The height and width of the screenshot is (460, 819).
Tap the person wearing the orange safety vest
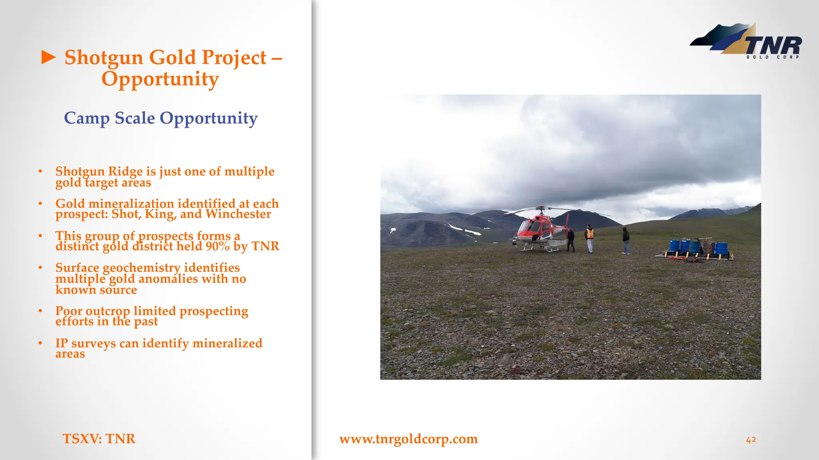pyautogui.click(x=589, y=238)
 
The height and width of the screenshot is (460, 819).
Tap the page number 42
pyautogui.click(x=751, y=440)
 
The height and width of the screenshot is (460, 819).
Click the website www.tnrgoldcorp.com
pyautogui.click(x=408, y=439)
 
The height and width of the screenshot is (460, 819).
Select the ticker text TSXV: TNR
pyautogui.click(x=99, y=439)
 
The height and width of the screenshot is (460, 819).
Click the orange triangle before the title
pyautogui.click(x=49, y=57)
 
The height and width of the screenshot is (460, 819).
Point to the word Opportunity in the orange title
pyautogui.click(x=160, y=79)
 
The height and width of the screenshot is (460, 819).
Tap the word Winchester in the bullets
pyautogui.click(x=238, y=214)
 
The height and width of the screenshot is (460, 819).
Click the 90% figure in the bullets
pyautogui.click(x=218, y=246)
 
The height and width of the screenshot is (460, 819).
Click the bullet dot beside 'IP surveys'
pyautogui.click(x=40, y=343)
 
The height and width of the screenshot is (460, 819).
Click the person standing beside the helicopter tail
pyautogui.click(x=571, y=240)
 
